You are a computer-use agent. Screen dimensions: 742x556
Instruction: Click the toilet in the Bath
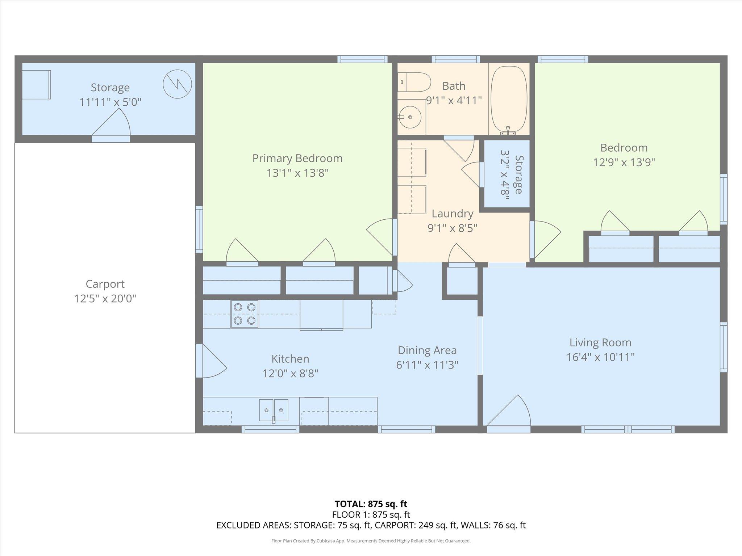pyautogui.click(x=414, y=82)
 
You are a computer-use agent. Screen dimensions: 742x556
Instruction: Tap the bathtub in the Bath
pyautogui.click(x=509, y=100)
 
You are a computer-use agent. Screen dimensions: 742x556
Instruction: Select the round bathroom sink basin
pyautogui.click(x=410, y=117)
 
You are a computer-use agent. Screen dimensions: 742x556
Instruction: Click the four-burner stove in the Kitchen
pyautogui.click(x=245, y=314)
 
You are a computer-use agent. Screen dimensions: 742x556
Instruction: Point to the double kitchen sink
pyautogui.click(x=274, y=410)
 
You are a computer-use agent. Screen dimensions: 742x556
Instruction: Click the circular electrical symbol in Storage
pyautogui.click(x=177, y=84)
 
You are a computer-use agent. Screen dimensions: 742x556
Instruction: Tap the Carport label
pyautogui.click(x=105, y=284)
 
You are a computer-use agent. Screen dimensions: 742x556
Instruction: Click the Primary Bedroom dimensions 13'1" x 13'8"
pyautogui.click(x=297, y=173)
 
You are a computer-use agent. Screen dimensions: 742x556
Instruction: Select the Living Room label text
pyautogui.click(x=600, y=342)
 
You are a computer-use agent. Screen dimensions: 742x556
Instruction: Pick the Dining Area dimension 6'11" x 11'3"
pyautogui.click(x=427, y=365)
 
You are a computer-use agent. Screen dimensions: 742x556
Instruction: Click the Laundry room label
pyautogui.click(x=453, y=214)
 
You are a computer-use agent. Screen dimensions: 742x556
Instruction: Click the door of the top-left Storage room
pyautogui.click(x=111, y=125)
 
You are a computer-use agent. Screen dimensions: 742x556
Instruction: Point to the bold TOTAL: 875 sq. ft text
pyautogui.click(x=371, y=504)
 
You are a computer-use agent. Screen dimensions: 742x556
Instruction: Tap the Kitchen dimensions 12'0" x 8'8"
pyautogui.click(x=290, y=373)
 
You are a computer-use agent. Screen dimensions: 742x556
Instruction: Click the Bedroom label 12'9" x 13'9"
pyautogui.click(x=624, y=162)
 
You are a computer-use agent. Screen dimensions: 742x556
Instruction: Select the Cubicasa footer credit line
pyautogui.click(x=371, y=541)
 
